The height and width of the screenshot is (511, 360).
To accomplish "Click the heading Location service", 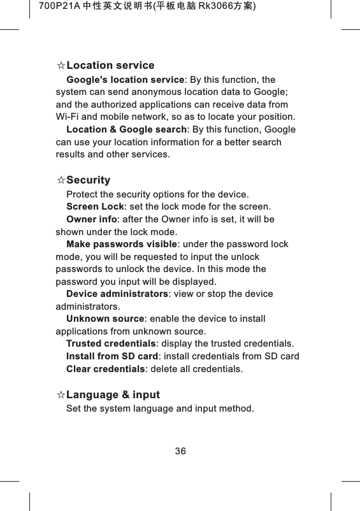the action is (110, 66).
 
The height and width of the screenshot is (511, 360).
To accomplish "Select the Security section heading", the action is (88, 180).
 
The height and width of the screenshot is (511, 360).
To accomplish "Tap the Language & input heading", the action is (113, 395).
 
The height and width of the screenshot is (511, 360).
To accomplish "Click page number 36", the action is (180, 451).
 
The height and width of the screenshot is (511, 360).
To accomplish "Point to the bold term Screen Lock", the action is (95, 206).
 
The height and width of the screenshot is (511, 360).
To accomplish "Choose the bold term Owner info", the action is (92, 219).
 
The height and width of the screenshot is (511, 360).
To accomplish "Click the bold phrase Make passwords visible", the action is (121, 244).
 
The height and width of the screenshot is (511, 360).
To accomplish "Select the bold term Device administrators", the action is (117, 294).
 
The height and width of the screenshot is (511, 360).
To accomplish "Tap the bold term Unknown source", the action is (105, 319).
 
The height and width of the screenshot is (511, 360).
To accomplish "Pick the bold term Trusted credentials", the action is (111, 344).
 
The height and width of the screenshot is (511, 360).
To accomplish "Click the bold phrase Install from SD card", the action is (112, 356).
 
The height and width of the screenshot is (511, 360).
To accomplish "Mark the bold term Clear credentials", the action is (106, 369).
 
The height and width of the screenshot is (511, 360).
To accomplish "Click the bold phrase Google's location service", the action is (125, 80).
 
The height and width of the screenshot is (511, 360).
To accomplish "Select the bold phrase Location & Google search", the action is (126, 130).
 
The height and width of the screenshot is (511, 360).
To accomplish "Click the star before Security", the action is (61, 181).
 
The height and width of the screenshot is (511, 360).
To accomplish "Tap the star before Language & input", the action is (61, 396).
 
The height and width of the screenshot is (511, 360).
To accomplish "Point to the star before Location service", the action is (61, 66).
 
